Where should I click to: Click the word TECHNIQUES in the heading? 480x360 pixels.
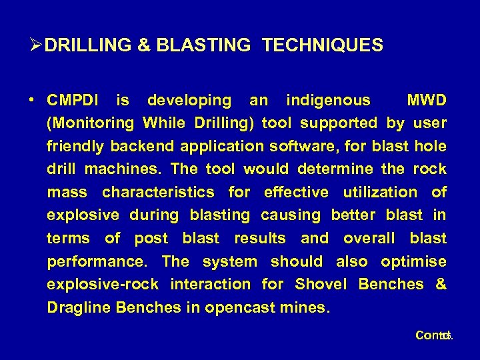pos(323,45)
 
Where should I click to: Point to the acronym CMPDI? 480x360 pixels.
pos(74,101)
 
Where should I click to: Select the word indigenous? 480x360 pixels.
pos(327,101)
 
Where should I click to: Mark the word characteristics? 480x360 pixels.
pos(158,193)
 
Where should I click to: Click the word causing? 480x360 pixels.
pos(288,215)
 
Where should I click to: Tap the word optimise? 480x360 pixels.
pos(413,261)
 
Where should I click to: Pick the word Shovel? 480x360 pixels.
pos(321,285)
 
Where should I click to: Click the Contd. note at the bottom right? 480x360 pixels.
pos(433,335)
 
